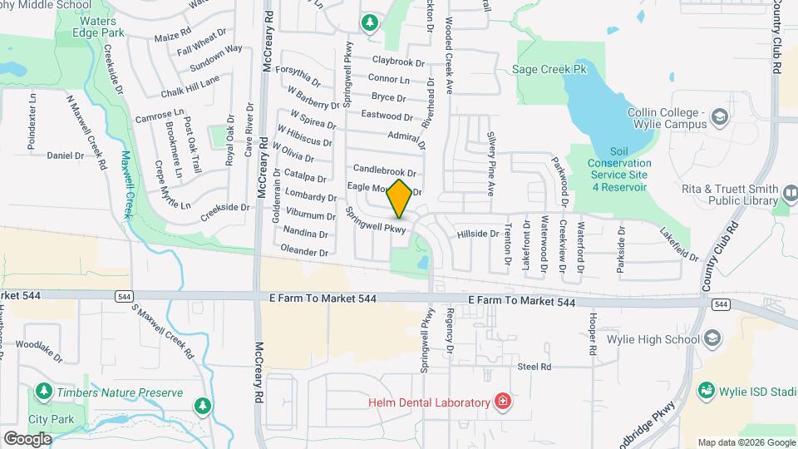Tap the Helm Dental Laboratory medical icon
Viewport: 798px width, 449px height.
pyautogui.click(x=501, y=403)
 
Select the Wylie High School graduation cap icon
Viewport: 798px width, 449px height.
pyautogui.click(x=712, y=338)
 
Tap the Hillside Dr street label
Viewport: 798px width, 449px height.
pyautogui.click(x=478, y=234)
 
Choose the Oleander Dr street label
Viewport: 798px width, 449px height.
pyautogui.click(x=304, y=250)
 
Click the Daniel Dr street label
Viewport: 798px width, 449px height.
pyautogui.click(x=66, y=155)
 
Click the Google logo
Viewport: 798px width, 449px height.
pyautogui.click(x=27, y=438)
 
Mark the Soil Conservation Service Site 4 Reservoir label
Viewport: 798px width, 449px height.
pyautogui.click(x=618, y=170)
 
